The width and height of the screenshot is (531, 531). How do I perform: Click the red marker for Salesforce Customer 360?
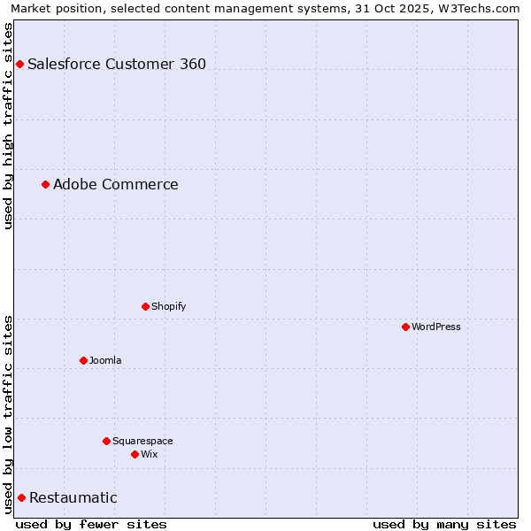pos(19,64)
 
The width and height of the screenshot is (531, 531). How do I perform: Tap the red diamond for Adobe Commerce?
pos(45,184)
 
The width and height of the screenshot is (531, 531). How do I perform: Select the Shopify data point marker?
pos(145,306)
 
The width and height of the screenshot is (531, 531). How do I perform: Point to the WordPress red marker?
pos(405,327)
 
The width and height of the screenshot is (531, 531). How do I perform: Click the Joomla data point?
pos(83,360)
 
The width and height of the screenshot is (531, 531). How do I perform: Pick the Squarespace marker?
pos(106,441)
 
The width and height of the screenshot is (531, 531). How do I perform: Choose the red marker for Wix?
pos(135,454)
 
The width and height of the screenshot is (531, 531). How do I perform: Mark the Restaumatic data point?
pos(21,497)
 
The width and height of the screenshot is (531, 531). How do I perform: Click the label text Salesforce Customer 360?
pos(117,64)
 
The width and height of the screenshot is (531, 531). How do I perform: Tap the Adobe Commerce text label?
pos(116,184)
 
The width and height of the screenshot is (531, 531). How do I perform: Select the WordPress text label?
pos(436,327)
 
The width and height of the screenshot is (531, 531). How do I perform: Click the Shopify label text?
pos(169,306)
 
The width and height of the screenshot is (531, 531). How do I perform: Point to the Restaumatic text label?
pos(73,497)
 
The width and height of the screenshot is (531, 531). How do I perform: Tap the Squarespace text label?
pos(142,441)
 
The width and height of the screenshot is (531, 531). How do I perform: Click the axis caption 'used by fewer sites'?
pos(91,524)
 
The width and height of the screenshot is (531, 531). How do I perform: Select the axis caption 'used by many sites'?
pos(444,524)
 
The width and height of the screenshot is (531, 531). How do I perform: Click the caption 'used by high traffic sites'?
pos(9,126)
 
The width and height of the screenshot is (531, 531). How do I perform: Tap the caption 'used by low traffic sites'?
pos(9,413)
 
